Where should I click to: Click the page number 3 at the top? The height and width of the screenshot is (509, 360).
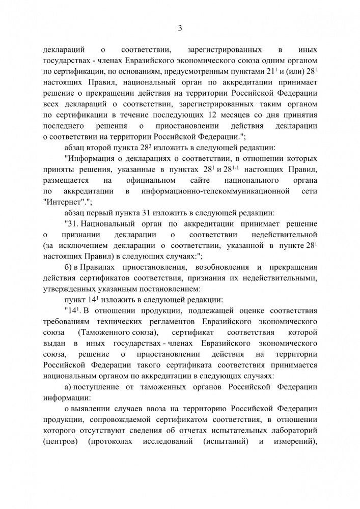click(x=180, y=27)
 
